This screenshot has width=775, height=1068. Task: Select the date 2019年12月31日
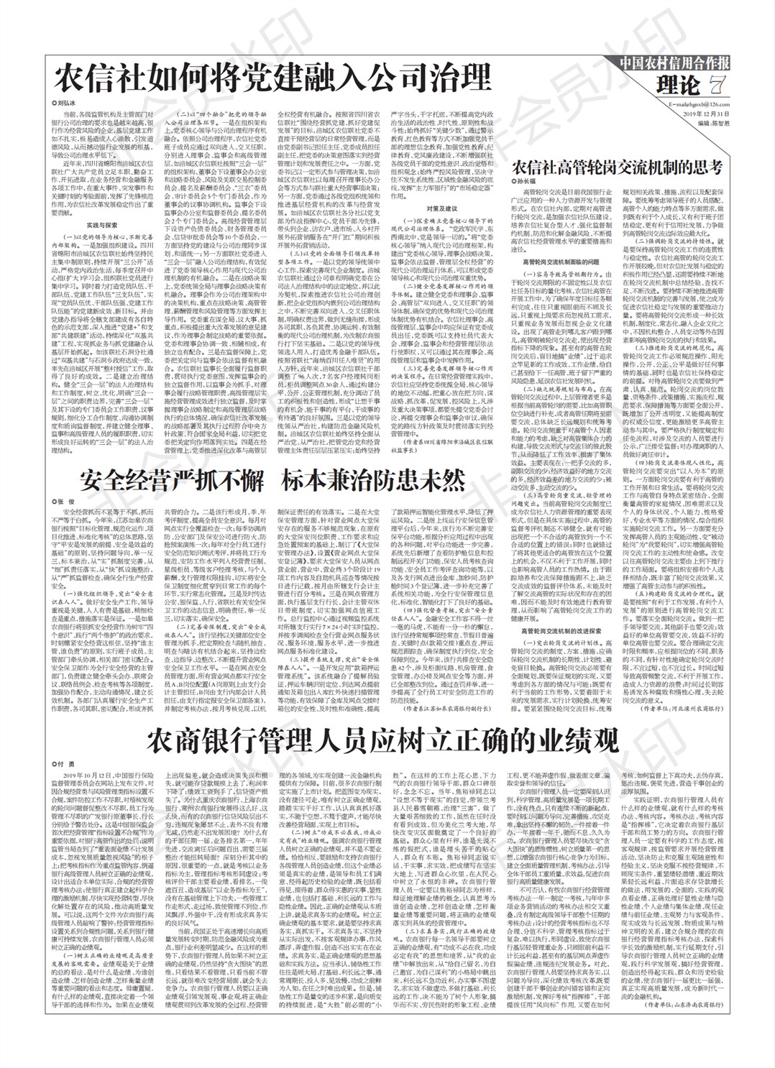tap(706, 114)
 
